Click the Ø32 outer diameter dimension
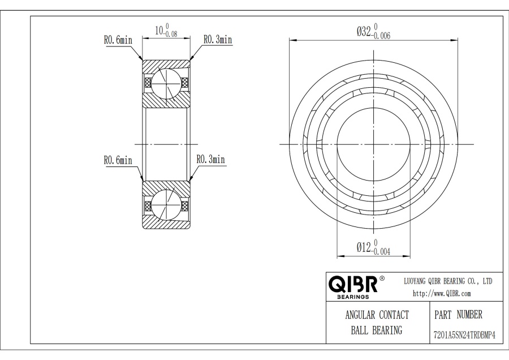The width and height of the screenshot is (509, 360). pos(373,32)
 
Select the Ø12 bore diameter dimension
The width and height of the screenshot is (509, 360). pos(373,247)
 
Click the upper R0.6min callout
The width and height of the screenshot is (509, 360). pos(118,40)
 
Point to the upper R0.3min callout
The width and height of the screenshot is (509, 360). pos(218,39)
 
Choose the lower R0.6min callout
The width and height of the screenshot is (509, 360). pos(118,160)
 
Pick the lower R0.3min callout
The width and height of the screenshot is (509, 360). pos(211,159)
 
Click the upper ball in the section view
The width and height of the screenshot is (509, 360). pos(166,83)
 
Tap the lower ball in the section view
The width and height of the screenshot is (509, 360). pos(166,205)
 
